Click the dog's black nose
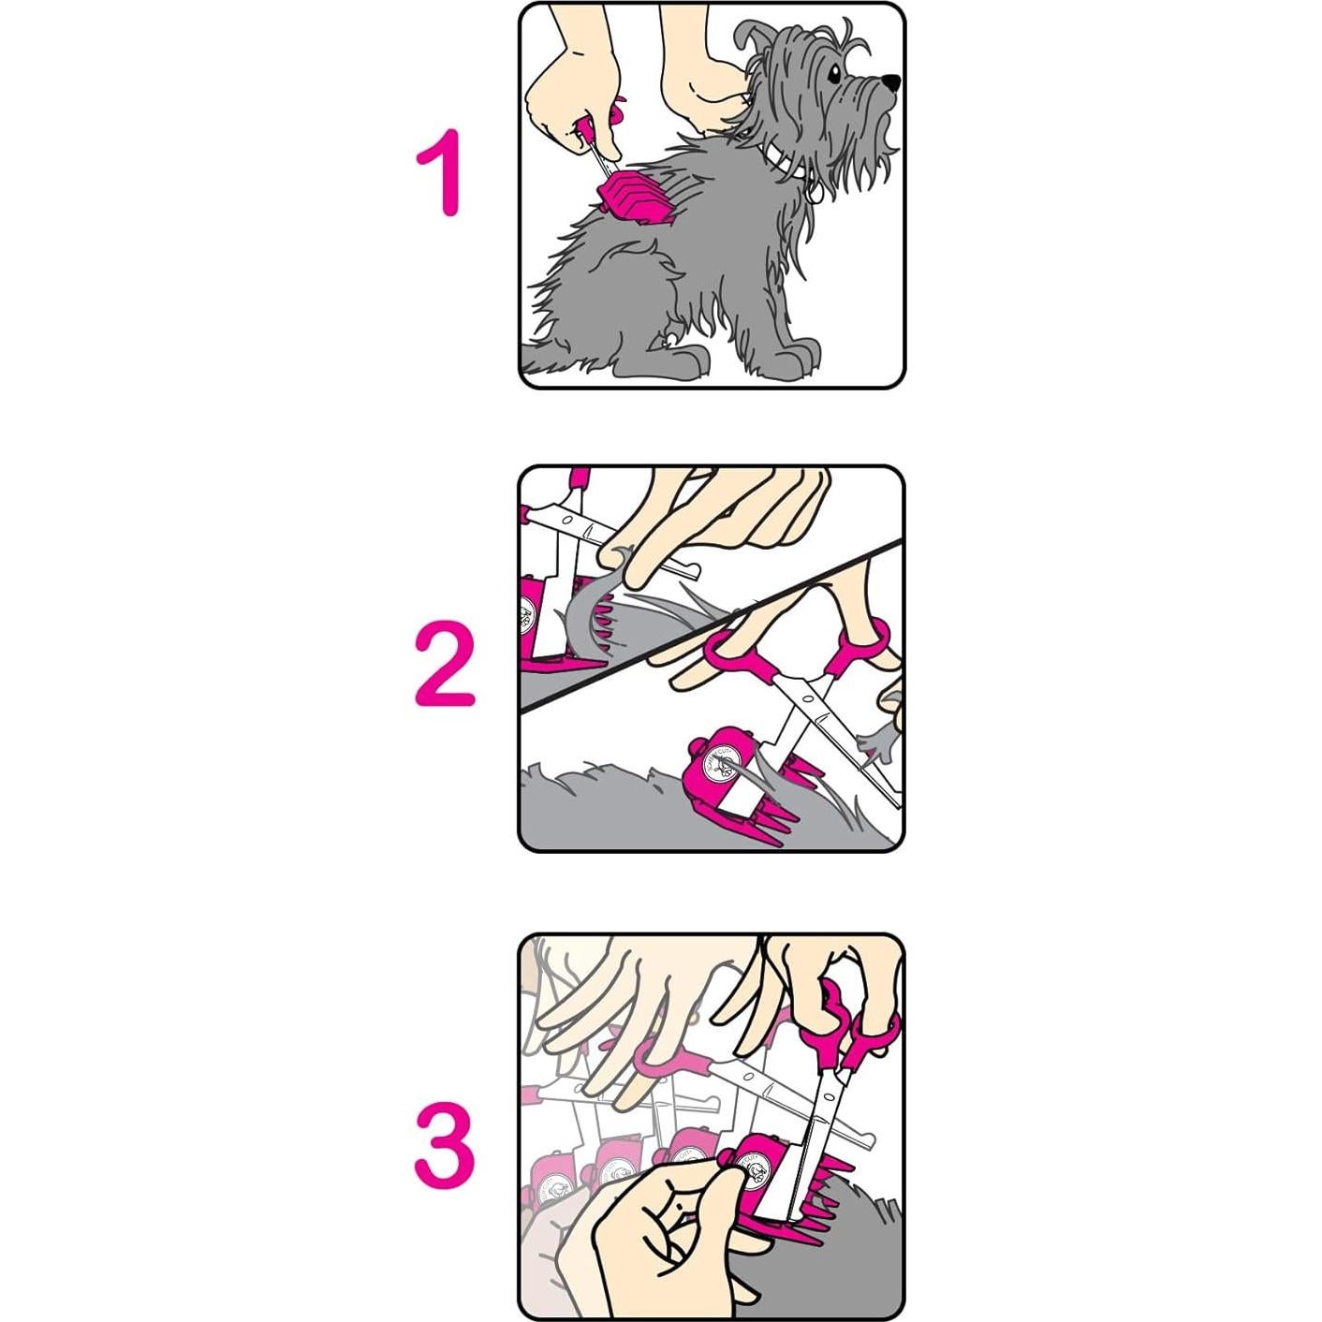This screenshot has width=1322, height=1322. click(x=892, y=83)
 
